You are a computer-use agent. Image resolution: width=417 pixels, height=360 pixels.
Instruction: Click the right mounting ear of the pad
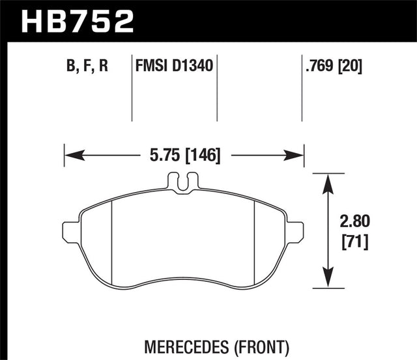296,231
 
